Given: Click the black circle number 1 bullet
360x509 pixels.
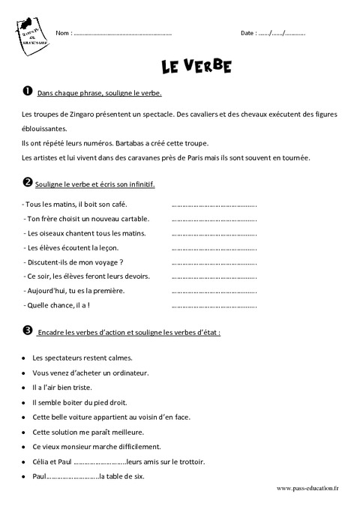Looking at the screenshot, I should click(27, 91).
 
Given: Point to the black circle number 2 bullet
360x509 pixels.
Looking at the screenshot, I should click(27, 183).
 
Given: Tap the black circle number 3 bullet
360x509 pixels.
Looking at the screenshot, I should click(27, 330).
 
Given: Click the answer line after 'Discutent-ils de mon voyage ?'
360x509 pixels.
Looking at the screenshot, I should click(214, 262).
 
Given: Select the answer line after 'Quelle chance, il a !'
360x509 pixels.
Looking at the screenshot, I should click(214, 305).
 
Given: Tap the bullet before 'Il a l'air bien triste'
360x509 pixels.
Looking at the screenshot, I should click(25, 388).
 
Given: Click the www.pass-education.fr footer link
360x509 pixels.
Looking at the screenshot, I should click(307, 488).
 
